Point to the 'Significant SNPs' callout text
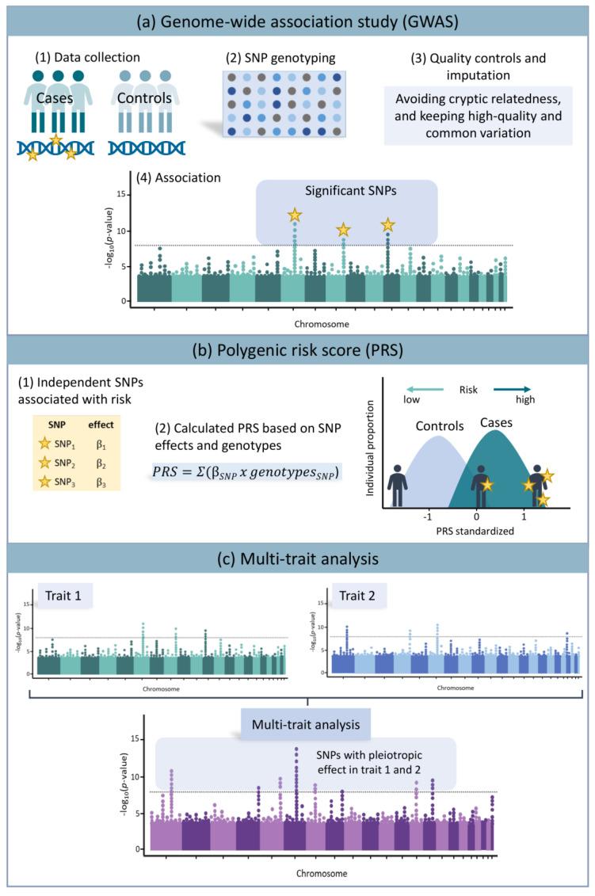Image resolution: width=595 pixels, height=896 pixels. point(347,191)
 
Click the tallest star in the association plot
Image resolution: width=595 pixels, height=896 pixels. point(295,215)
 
